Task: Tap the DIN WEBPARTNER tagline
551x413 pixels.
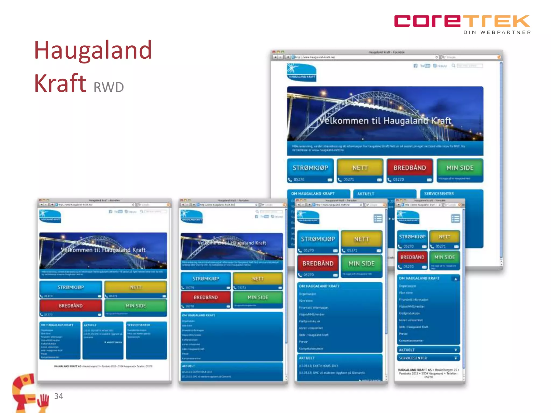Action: [x=497, y=32]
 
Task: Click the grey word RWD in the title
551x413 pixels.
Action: [x=109, y=87]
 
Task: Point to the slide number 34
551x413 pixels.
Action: [x=58, y=396]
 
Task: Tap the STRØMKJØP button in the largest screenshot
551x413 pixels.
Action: [x=310, y=168]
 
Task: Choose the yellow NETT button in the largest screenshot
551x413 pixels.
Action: [x=360, y=168]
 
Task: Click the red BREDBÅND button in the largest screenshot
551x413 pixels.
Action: [x=410, y=168]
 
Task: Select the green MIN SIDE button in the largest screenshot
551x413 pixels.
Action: [x=460, y=168]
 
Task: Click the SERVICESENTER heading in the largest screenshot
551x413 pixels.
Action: [x=439, y=194]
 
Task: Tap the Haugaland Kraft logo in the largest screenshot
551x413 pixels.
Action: [x=302, y=72]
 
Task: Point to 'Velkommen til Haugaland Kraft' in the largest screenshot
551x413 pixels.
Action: [x=385, y=121]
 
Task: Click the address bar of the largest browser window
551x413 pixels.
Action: [x=363, y=57]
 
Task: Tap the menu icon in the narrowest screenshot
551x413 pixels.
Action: [x=455, y=219]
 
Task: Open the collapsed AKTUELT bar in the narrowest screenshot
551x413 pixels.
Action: [x=428, y=350]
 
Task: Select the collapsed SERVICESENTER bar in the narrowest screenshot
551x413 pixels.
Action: [x=428, y=358]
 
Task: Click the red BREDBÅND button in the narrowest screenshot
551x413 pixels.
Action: [x=412, y=257]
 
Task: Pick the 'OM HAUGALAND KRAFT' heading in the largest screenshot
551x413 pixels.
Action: [x=313, y=194]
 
